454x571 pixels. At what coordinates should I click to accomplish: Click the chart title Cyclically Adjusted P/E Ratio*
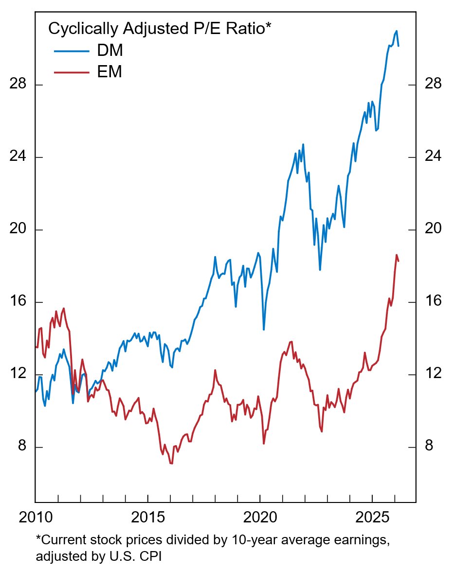[159, 29]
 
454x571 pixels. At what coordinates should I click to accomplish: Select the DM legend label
[110, 51]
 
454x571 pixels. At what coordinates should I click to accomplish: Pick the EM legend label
[109, 72]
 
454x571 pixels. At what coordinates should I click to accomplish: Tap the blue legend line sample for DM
[72, 51]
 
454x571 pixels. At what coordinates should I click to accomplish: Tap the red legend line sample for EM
[72, 72]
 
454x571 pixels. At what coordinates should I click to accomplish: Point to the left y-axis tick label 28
[18, 85]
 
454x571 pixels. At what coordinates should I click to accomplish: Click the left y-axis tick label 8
[21, 447]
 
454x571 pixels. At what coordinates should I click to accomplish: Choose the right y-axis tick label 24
[433, 157]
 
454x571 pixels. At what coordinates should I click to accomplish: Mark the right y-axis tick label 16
[433, 302]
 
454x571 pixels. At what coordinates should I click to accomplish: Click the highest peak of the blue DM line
[397, 31]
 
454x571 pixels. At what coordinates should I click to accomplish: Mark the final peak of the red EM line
[397, 255]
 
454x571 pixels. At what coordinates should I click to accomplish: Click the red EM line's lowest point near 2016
[171, 464]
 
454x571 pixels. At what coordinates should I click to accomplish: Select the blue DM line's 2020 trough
[264, 329]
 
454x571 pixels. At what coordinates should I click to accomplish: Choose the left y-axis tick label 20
[18, 229]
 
